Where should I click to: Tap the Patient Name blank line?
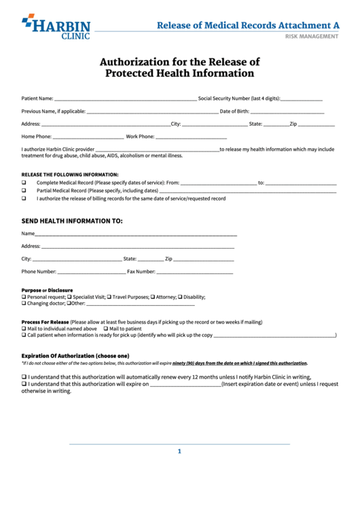pos(125,99)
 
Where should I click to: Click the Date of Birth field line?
pos(287,111)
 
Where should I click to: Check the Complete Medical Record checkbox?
pos(24,183)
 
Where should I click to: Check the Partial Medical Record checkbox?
pos(24,191)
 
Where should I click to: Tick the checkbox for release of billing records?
pos(24,199)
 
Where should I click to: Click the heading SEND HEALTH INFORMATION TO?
pos(72,221)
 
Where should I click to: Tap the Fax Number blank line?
pos(195,272)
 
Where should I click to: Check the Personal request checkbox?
pos(24,297)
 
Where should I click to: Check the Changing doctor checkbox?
pos(24,304)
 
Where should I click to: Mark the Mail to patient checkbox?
pos(105,328)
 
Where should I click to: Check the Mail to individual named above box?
pos(24,328)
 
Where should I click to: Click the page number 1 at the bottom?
pos(180,451)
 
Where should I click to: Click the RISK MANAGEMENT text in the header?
pos(311,36)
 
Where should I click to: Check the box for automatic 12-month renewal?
pos(24,376)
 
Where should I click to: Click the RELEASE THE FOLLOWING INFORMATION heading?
pos(70,175)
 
